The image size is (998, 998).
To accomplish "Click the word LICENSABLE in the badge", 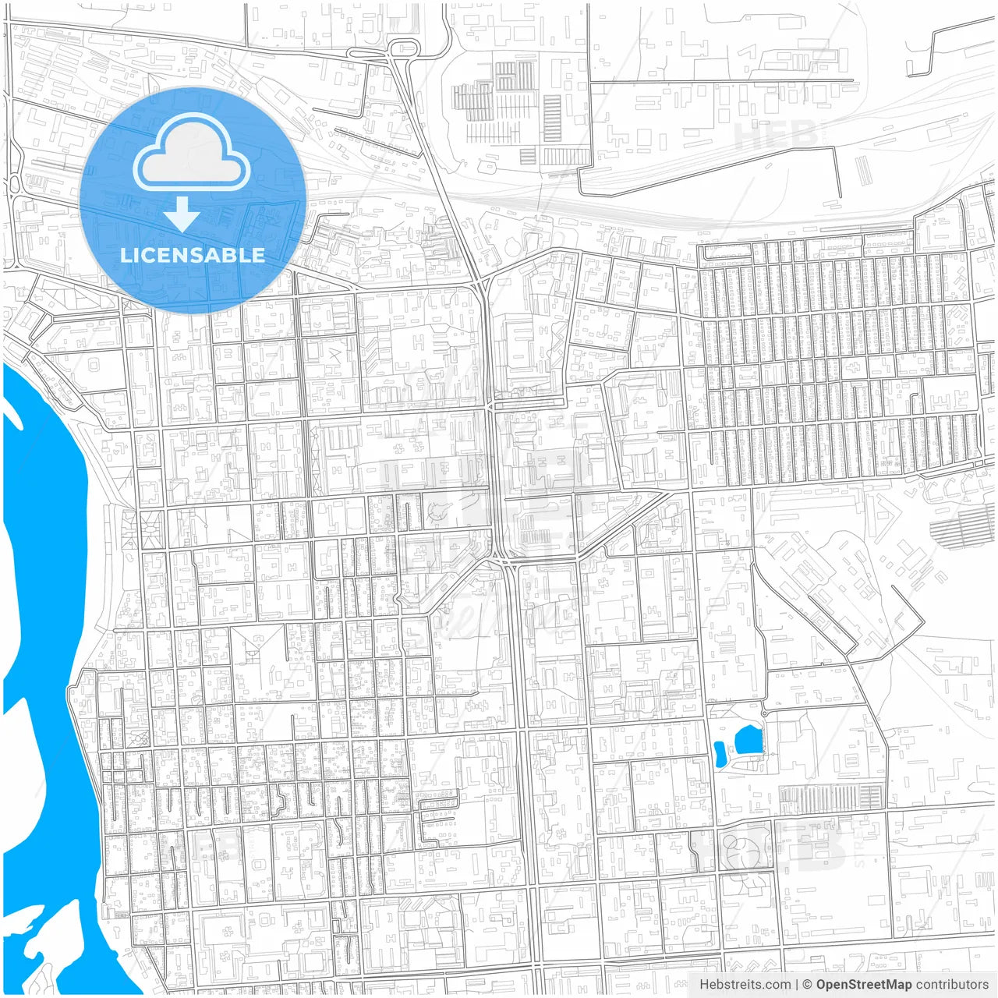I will [192, 255].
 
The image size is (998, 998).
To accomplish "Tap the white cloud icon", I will [192, 153].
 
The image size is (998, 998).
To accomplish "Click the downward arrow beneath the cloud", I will [182, 213].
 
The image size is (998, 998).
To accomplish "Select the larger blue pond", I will [748, 739].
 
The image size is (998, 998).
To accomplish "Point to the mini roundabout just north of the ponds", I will [764, 713].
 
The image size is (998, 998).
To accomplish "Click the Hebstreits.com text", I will [744, 985].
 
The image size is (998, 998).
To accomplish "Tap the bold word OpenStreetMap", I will [863, 985].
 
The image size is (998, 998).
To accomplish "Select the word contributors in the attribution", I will [951, 985].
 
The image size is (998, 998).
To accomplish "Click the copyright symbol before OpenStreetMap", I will [807, 985].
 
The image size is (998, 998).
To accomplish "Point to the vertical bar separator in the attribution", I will [796, 985].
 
